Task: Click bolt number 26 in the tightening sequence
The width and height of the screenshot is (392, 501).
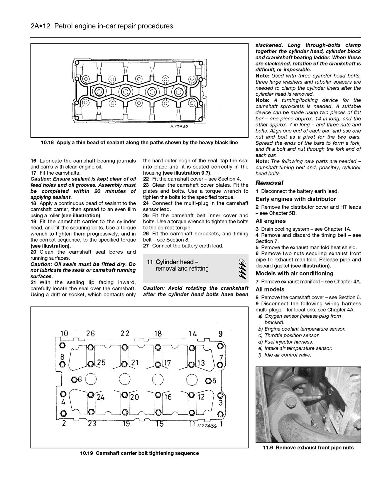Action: click(90, 334)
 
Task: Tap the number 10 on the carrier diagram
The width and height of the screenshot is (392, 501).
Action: click(64, 334)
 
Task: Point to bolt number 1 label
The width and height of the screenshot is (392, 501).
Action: click(221, 424)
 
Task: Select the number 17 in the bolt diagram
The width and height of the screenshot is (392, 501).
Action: click(167, 363)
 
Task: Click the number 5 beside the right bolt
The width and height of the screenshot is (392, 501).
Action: click(214, 381)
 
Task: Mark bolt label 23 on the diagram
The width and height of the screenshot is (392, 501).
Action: click(92, 424)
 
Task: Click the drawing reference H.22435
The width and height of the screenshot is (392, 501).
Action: click(179, 126)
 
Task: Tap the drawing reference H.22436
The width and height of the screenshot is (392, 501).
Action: click(207, 425)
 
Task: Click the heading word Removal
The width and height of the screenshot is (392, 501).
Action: click(269, 183)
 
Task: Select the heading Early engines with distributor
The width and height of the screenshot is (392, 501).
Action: click(295, 199)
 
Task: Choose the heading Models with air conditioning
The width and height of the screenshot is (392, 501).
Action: click(294, 274)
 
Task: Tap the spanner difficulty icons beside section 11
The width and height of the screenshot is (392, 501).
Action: click(242, 267)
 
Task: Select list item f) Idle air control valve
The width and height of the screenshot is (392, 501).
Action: click(285, 355)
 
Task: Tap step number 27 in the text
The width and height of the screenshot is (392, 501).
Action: click(146, 246)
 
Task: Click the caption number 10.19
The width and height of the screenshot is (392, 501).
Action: click(87, 453)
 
